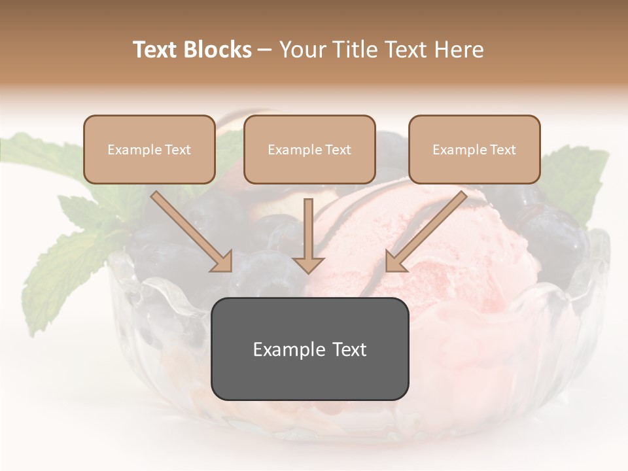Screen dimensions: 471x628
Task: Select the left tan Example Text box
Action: pos(149,149)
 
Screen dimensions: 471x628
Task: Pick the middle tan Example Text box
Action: pos(309,149)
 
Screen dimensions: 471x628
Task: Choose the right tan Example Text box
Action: pos(474,149)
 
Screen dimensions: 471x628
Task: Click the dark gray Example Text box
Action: pos(309,349)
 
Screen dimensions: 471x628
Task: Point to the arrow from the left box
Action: pos(190,230)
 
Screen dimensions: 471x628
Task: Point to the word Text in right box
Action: pos(502,150)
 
